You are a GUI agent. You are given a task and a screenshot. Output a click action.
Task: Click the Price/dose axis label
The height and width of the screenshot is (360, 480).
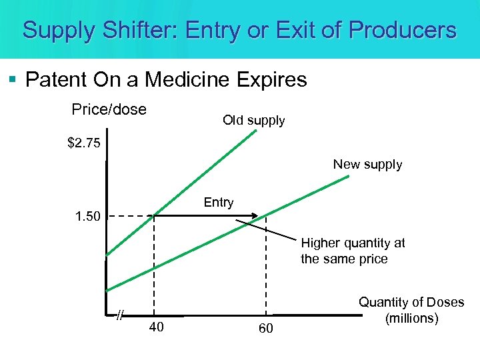point(109,109)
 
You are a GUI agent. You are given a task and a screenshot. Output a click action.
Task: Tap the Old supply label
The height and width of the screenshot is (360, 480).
point(253,121)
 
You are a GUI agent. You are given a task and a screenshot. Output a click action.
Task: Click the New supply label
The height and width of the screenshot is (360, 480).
point(367,165)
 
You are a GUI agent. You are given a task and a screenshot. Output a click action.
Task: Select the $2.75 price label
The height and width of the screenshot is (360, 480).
point(84,143)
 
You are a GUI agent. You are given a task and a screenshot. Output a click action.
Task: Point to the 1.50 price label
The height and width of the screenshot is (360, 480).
point(87,217)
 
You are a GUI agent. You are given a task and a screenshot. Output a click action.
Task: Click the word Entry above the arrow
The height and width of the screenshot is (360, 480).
point(219,203)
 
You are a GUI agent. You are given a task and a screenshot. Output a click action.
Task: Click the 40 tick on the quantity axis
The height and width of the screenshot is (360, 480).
point(157,327)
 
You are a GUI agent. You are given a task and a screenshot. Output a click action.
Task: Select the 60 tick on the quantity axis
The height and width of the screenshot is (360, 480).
point(266,328)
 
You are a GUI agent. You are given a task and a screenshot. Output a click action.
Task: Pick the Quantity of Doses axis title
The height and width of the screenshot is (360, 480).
point(411,310)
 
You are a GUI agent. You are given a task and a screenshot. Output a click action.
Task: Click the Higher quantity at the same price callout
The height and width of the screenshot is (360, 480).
point(353,251)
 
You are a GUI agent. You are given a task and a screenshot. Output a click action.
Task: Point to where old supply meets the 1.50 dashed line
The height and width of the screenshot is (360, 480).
point(155,215)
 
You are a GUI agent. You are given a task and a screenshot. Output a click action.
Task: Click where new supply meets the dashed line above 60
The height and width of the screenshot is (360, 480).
point(265,215)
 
